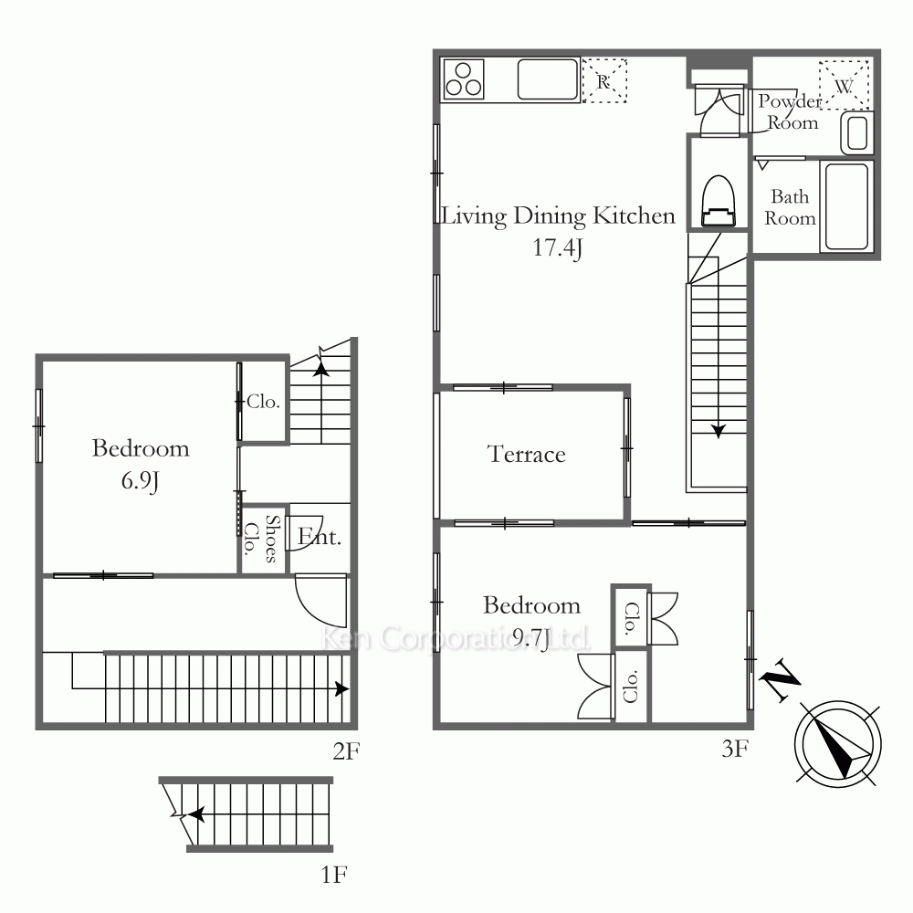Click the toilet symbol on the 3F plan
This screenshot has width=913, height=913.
719,201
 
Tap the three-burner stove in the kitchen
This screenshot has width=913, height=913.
464,79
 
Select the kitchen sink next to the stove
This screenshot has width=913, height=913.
547,79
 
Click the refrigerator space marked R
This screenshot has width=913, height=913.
604,80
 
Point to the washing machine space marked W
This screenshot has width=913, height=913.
844,85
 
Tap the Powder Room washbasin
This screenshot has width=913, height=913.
856,133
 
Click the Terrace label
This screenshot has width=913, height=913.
527,454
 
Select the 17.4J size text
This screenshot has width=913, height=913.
558,248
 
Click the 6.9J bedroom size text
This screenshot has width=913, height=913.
140,481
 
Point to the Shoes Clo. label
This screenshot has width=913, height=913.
261,539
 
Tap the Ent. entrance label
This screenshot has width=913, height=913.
319,536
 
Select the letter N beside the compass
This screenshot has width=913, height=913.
782,679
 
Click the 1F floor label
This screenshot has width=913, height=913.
334,874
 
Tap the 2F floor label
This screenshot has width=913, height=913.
346,751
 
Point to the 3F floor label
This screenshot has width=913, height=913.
735,749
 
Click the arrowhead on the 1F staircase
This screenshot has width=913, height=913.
197,814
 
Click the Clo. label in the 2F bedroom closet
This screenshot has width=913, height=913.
263,402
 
